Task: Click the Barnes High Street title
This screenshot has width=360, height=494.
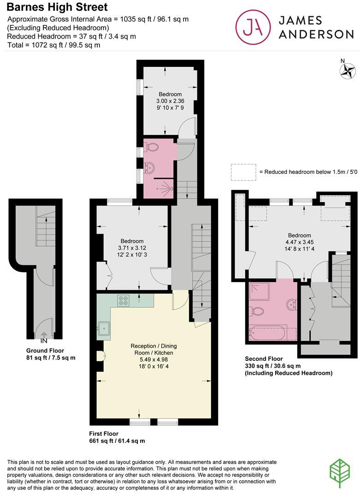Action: (x=58, y=7)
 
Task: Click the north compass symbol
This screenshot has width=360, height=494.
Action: (x=347, y=70)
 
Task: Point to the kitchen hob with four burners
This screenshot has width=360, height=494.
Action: (x=123, y=300)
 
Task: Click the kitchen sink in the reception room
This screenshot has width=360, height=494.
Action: (x=104, y=329)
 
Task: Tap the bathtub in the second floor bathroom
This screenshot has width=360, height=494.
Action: (x=268, y=333)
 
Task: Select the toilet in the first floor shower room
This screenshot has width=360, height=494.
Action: (x=152, y=147)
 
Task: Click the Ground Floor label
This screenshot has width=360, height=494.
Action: (x=45, y=351)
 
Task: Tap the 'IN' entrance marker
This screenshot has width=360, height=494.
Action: (x=44, y=341)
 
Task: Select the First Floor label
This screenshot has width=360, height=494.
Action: (x=104, y=434)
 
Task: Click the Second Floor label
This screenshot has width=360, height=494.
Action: (x=264, y=359)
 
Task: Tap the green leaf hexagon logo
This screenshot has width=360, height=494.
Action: (x=340, y=473)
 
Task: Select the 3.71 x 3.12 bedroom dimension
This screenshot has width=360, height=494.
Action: (x=132, y=248)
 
